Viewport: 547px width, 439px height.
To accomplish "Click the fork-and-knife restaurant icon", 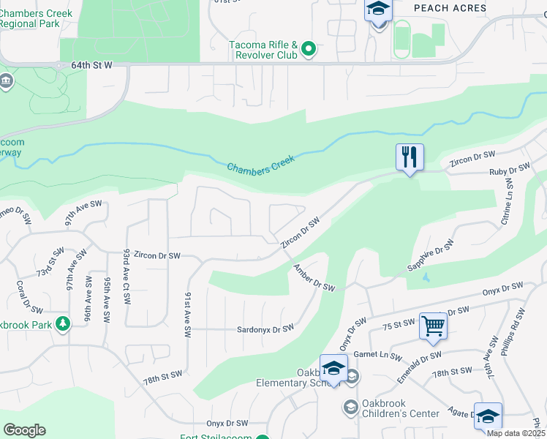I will [410, 157].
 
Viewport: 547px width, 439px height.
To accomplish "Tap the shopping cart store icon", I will [433, 326].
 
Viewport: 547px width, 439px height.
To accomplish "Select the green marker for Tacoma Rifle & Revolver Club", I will [309, 50].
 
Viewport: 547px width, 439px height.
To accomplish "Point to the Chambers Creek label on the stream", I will [260, 163].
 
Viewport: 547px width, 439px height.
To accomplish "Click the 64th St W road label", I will [91, 65].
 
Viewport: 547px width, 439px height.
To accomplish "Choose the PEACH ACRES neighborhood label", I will [450, 8].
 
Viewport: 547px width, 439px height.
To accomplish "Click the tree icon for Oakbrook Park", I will [64, 323].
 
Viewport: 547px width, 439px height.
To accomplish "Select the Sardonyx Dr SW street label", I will [265, 329].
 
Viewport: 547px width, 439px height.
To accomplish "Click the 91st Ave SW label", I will [187, 315].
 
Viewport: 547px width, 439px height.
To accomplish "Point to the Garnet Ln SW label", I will [377, 356].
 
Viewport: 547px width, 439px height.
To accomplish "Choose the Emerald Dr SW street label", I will [420, 366].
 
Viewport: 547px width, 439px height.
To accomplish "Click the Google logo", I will [24, 430].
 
